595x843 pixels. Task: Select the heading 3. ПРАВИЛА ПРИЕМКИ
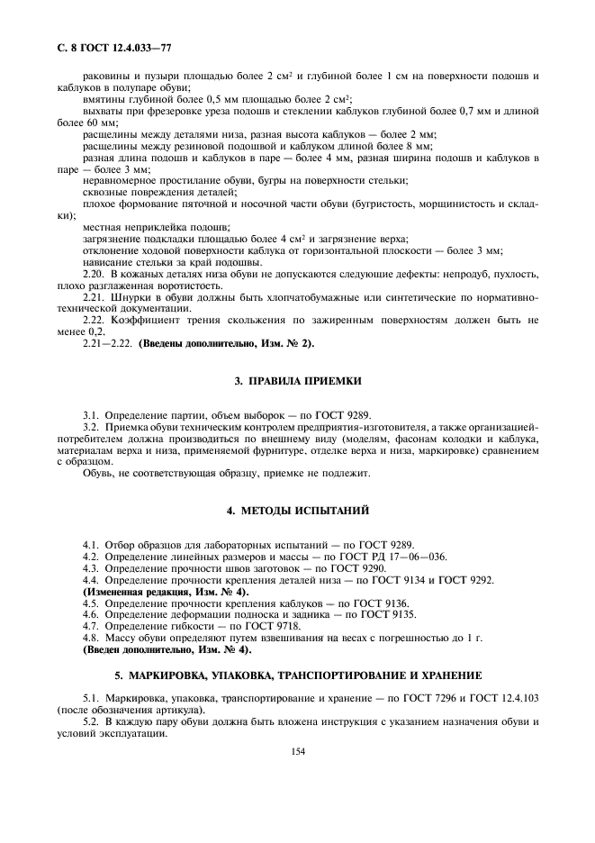(x=298, y=381)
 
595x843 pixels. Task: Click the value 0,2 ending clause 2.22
(x=99, y=331)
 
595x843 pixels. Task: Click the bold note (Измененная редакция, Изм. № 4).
(x=166, y=591)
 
